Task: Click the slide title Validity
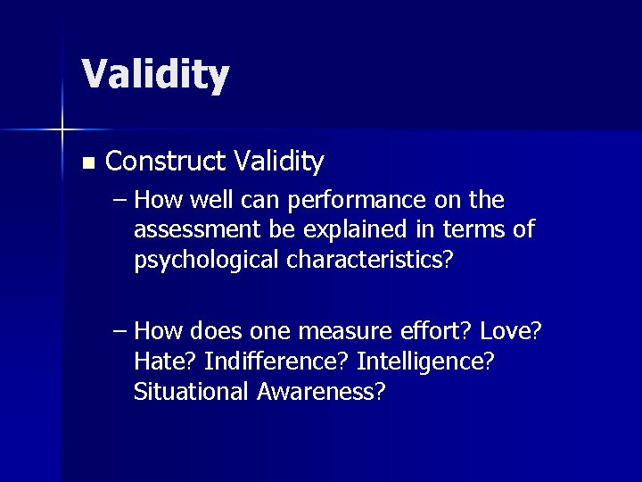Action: [155, 75]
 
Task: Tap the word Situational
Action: [188, 391]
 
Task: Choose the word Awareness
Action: [318, 391]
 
